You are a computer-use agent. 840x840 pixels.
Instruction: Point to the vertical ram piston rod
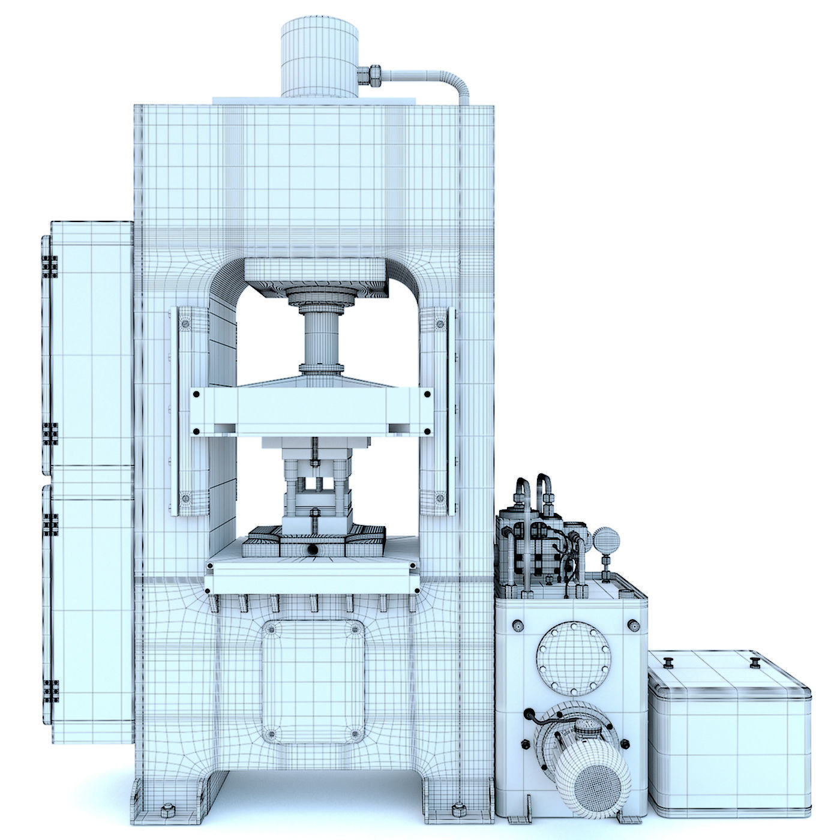pyautogui.click(x=320, y=338)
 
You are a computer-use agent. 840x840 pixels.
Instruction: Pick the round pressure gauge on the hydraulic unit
pyautogui.click(x=602, y=538)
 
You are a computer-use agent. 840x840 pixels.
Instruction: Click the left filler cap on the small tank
pyautogui.click(x=667, y=663)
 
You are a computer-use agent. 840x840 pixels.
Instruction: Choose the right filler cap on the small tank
pyautogui.click(x=755, y=662)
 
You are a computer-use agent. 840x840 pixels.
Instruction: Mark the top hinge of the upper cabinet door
pyautogui.click(x=50, y=267)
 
